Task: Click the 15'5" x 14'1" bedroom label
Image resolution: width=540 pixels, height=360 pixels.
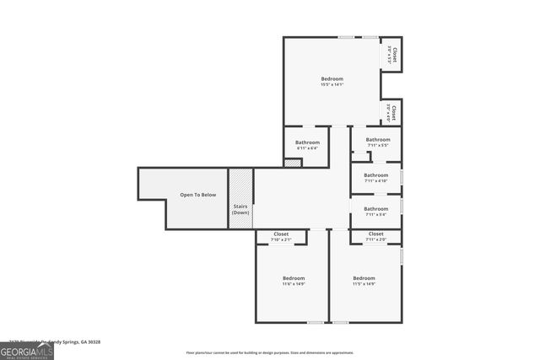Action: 332,81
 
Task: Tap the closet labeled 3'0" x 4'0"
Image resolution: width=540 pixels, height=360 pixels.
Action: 391,112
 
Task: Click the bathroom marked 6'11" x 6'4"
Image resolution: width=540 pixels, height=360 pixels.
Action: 307,145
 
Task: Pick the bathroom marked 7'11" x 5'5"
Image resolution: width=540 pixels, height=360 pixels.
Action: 377,142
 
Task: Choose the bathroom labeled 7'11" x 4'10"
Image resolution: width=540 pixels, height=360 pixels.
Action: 375,177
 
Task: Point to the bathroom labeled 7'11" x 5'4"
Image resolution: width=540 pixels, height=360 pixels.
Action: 375,211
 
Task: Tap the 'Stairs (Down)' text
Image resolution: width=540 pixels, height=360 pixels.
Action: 240,209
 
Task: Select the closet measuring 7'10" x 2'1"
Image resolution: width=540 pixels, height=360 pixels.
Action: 281,236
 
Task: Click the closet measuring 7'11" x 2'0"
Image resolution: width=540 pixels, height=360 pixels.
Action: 375,236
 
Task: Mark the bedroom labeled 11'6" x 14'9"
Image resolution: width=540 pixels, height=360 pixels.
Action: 293,281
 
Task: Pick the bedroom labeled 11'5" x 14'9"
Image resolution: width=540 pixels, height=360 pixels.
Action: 364,281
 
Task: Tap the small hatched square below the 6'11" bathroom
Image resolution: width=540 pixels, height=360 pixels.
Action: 293,163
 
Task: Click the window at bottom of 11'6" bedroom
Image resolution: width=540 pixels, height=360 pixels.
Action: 315,322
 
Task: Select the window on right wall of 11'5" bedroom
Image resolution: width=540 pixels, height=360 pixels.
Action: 402,255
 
